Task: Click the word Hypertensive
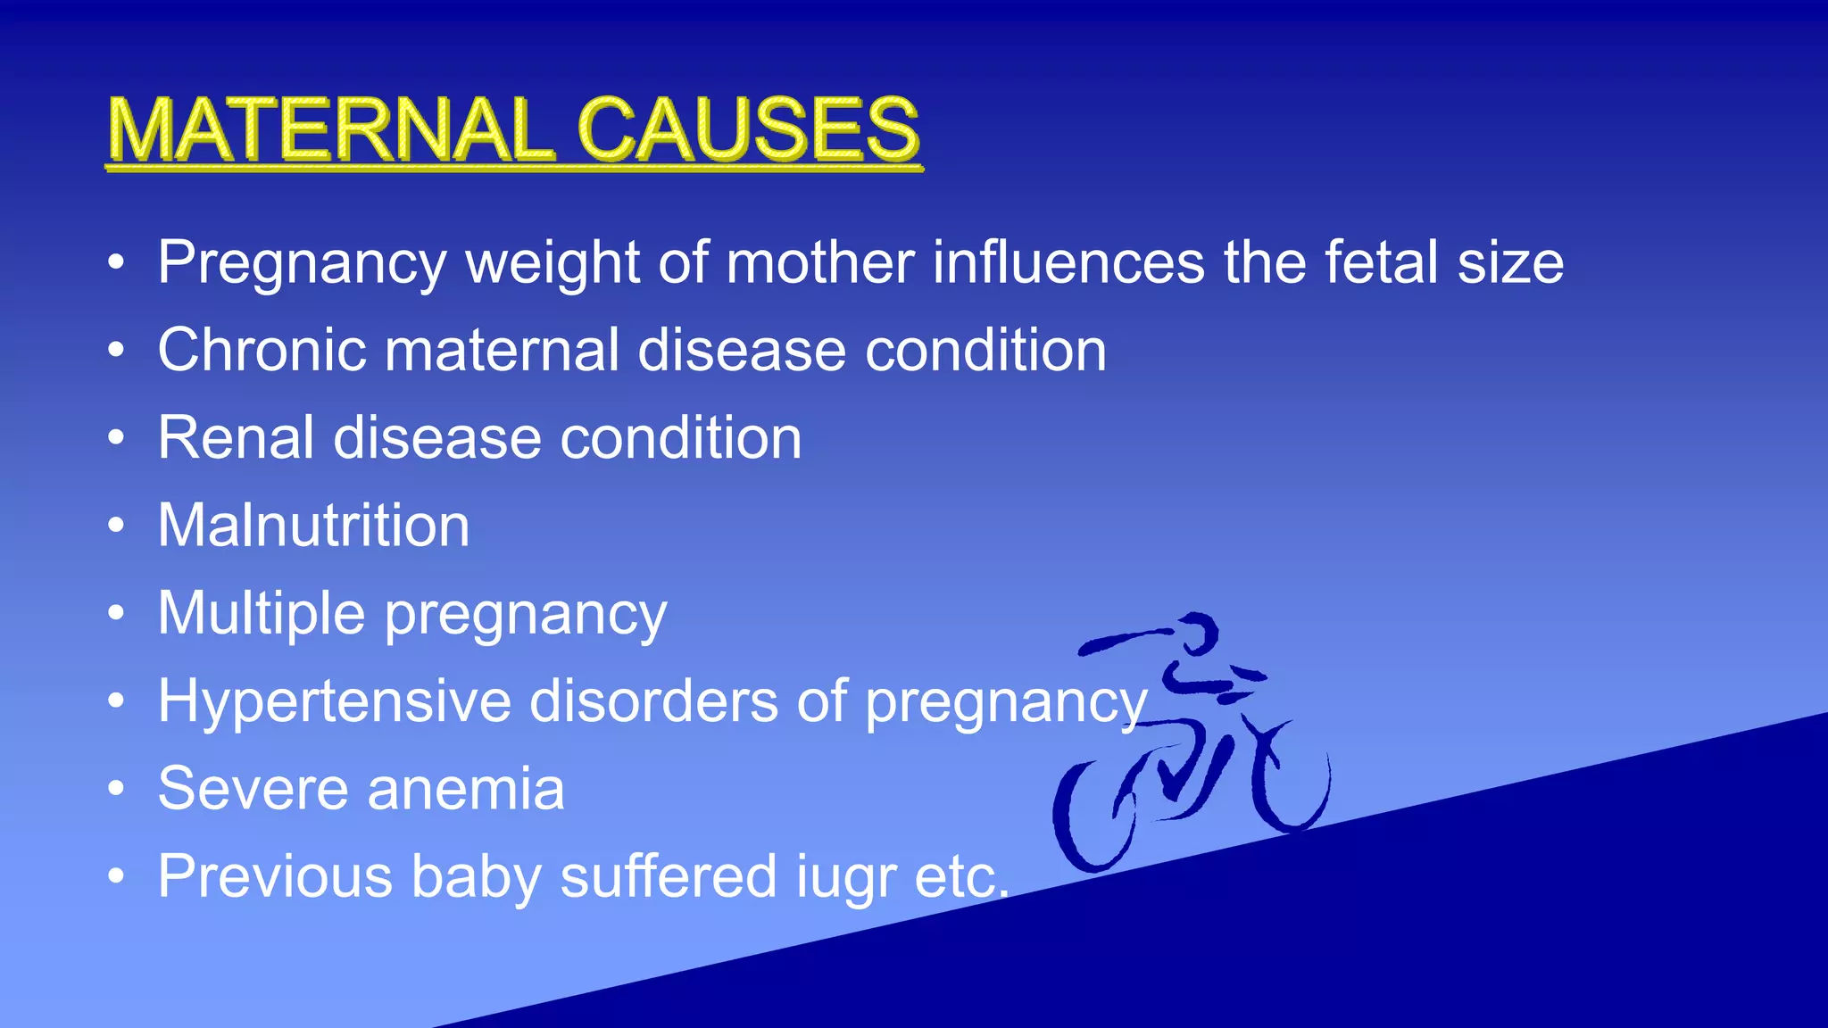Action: [x=334, y=701]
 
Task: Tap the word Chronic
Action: [x=262, y=349]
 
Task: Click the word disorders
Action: [x=653, y=701]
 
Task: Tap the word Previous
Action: [x=275, y=876]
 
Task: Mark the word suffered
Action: [x=668, y=876]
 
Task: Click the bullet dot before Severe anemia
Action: [x=115, y=789]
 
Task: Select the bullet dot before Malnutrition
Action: [x=115, y=526]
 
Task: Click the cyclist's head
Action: [x=1196, y=631]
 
